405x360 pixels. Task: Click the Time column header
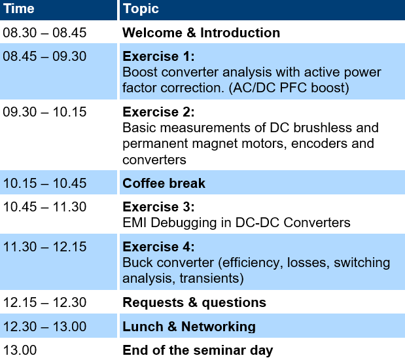18,9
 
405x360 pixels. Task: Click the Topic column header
141,9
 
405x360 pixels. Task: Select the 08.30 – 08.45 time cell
44,33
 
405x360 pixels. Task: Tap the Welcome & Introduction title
202,33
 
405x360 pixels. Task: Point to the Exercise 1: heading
158,56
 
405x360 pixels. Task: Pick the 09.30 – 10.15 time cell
44,112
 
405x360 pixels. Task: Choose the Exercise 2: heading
158,112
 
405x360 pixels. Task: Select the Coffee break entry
164,183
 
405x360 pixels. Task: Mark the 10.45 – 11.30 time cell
44,207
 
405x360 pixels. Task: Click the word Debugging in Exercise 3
184,223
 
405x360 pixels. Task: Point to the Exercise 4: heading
158,247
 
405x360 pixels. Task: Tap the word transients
211,279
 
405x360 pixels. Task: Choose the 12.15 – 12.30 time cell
44,302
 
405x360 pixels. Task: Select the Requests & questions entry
194,303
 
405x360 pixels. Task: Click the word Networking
219,327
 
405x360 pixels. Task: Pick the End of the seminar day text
198,351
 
